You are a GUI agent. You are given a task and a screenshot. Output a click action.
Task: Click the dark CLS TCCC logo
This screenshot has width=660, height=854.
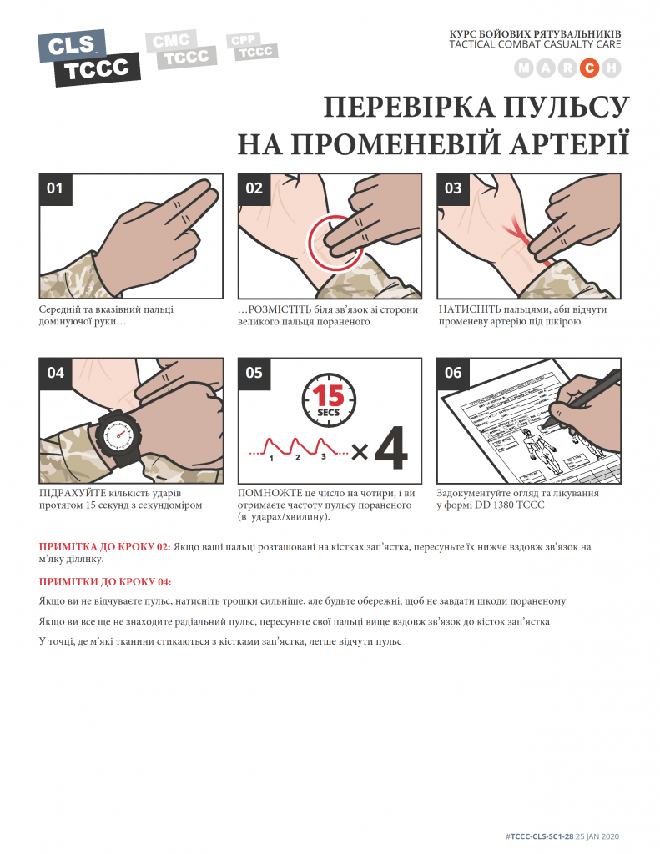click(88, 58)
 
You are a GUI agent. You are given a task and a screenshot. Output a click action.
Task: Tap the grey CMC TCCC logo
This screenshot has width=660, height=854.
click(181, 50)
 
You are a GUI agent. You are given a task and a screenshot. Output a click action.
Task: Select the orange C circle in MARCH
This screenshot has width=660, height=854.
click(589, 68)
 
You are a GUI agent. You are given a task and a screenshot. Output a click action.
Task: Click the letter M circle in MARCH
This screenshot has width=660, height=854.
click(524, 68)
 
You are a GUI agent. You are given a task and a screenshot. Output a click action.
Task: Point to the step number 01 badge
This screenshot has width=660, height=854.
click(56, 189)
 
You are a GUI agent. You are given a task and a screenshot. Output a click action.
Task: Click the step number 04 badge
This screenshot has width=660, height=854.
click(56, 374)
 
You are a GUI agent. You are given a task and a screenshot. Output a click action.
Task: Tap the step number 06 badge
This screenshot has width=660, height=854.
click(453, 374)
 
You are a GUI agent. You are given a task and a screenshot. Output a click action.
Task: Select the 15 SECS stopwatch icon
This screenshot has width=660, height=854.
click(329, 400)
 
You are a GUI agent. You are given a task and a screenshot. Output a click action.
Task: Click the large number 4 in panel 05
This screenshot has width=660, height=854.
click(391, 449)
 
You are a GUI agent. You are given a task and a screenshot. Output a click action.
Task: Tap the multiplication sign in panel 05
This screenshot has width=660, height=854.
click(360, 451)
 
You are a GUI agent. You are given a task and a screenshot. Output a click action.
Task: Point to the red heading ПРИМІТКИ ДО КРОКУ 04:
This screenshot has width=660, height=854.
click(105, 581)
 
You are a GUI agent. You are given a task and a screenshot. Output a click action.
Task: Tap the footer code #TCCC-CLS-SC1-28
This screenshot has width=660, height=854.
click(540, 836)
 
